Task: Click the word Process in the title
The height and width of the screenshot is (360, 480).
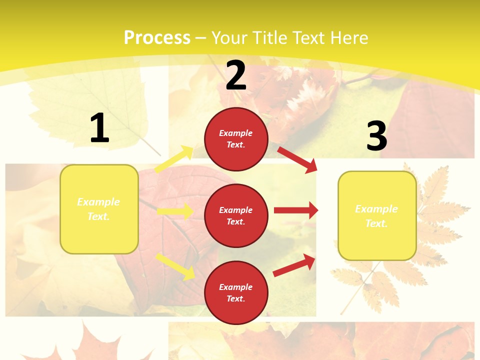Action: click(157, 38)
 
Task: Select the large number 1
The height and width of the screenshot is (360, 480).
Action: click(99, 128)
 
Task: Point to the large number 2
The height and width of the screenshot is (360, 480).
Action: click(236, 75)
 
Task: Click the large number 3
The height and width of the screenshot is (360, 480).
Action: click(376, 136)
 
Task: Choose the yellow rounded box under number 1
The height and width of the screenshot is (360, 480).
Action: click(99, 209)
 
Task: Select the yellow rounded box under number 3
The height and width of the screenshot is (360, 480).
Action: click(377, 216)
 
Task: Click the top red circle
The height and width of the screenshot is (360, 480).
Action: click(236, 139)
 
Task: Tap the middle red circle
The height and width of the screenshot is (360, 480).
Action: click(236, 215)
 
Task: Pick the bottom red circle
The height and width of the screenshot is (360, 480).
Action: click(236, 292)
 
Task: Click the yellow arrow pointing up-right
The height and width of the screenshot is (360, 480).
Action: click(174, 159)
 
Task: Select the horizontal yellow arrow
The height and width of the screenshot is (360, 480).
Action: click(175, 211)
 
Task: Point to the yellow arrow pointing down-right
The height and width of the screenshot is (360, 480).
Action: click(175, 266)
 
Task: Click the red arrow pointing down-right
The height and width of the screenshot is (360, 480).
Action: click(297, 159)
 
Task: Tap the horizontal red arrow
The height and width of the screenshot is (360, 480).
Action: click(296, 210)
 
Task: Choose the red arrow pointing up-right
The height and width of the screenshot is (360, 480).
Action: click(294, 265)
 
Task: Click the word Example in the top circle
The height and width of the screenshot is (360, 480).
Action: click(236, 133)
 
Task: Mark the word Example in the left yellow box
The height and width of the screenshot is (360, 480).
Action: click(98, 202)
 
